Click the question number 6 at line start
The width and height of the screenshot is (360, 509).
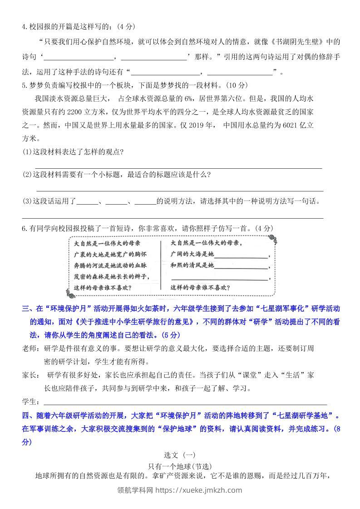pyautogui.click(x=24, y=229)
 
